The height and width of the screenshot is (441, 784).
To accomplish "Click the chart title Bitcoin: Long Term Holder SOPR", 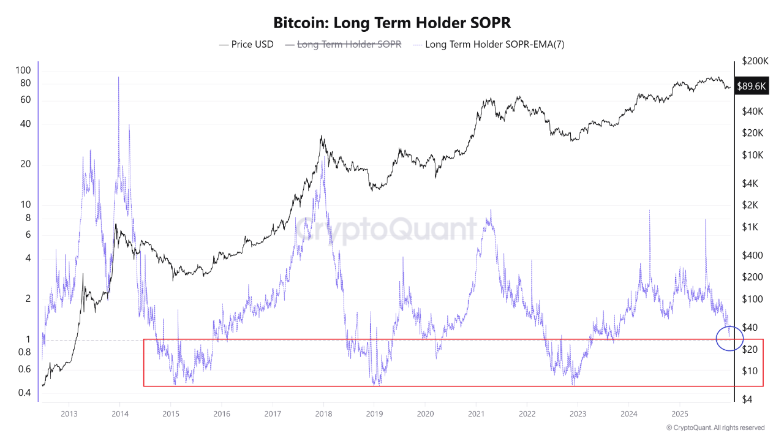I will tap(391, 23).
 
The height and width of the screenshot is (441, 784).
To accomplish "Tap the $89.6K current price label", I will tap(752, 86).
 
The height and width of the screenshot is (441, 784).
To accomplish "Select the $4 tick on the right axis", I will tap(747, 399).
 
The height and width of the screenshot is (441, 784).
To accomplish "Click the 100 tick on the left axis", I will tap(23, 70).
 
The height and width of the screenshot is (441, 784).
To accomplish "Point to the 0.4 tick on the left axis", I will tap(24, 393).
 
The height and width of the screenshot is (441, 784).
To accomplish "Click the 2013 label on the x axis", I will tap(69, 413).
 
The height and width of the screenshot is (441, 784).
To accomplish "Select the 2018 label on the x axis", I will tap(323, 413).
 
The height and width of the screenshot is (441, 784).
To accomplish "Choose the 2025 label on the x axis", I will tap(679, 413).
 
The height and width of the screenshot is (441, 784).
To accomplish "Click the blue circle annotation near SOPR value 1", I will tap(729, 338).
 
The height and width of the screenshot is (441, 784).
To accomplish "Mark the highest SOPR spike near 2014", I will tap(118, 78).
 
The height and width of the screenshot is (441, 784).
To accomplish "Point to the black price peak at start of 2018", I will tap(322, 137).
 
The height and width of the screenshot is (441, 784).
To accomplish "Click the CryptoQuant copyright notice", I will tap(715, 428).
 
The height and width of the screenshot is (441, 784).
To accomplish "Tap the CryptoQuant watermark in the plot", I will tap(386, 229).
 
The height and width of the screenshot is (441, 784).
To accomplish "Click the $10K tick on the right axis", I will tap(752, 155).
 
